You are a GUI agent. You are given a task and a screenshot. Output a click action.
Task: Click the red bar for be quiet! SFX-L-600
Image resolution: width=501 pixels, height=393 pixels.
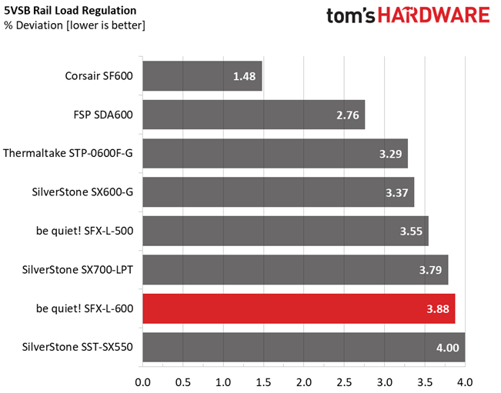[299, 308]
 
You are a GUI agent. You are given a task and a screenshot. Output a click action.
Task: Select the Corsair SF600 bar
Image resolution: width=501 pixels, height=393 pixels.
[202, 76]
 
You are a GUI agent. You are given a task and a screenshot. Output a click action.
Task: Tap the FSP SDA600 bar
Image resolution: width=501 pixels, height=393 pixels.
[254, 115]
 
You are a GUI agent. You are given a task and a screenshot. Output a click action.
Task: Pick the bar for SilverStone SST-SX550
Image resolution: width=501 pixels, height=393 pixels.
[303, 347]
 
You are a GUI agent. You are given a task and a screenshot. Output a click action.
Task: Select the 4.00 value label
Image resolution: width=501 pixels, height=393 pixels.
[448, 348]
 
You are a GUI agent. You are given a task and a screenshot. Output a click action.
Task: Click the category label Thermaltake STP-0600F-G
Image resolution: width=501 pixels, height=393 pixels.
[68, 154]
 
